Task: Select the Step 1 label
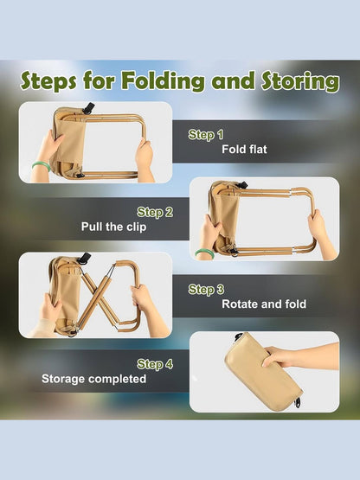[x=206, y=135]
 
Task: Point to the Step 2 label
[x=155, y=212]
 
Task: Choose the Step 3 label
[x=206, y=290]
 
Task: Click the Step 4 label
[x=155, y=364]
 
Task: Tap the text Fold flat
[x=245, y=150]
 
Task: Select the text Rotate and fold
[x=265, y=304]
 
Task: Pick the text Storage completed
[x=94, y=379]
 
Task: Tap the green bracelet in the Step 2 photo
[x=204, y=253]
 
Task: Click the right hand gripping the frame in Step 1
[x=144, y=155]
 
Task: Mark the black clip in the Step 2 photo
[x=243, y=184]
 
